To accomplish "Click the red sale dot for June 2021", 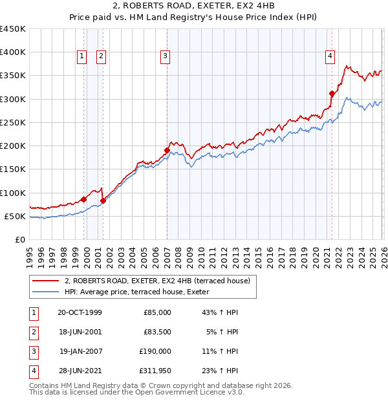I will [332, 93].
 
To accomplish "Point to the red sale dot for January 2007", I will [167, 150].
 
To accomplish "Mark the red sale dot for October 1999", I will [84, 199].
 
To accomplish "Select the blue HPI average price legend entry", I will [142, 292].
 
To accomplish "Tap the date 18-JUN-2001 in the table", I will [80, 332].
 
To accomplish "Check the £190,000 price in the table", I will [155, 351].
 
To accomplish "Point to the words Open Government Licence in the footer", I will [184, 392].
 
